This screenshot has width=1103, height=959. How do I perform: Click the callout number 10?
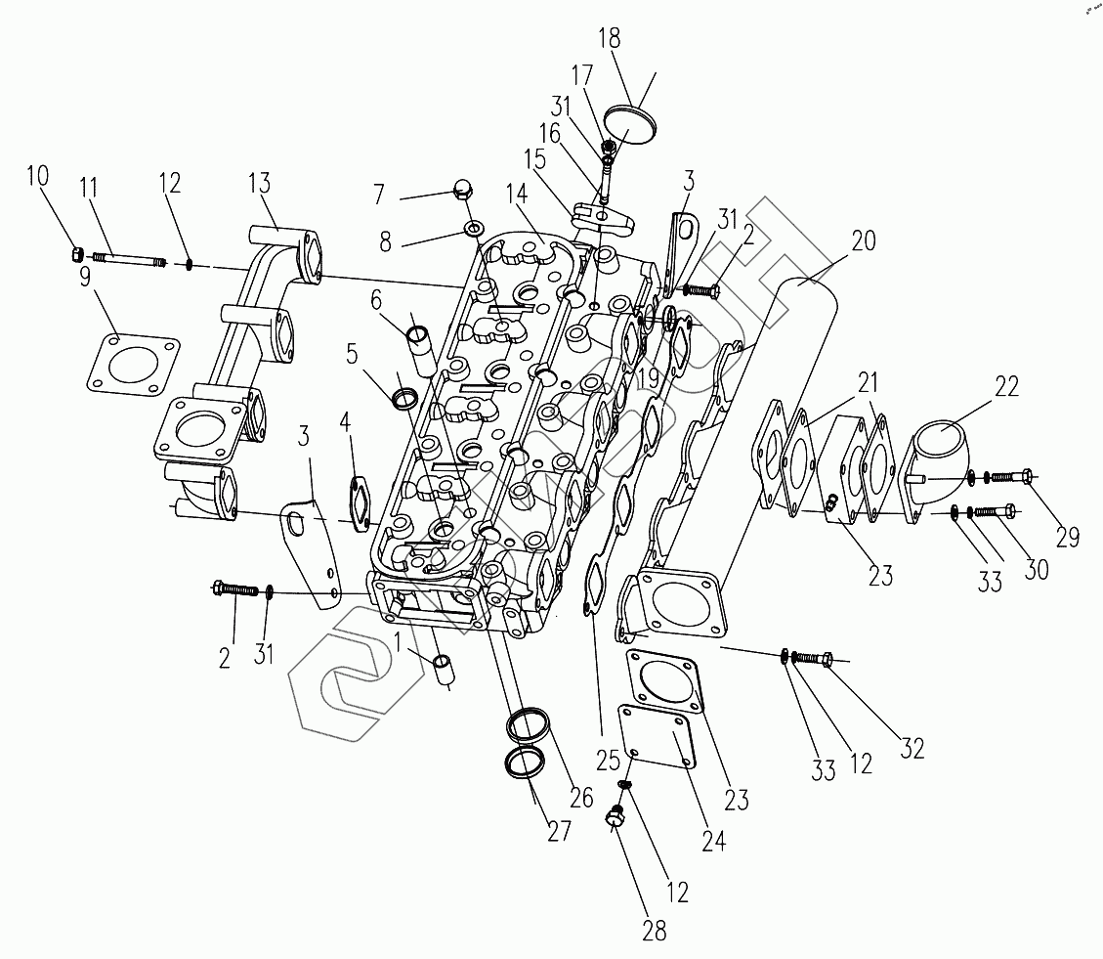[37, 176]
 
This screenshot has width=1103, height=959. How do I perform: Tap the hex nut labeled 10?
[77, 255]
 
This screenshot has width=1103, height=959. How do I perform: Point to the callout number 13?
[259, 185]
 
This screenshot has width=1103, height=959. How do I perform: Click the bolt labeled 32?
[813, 660]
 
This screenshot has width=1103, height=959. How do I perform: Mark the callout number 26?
[581, 797]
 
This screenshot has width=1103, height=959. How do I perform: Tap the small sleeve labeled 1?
[445, 668]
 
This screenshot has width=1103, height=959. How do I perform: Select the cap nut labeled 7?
[464, 189]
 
